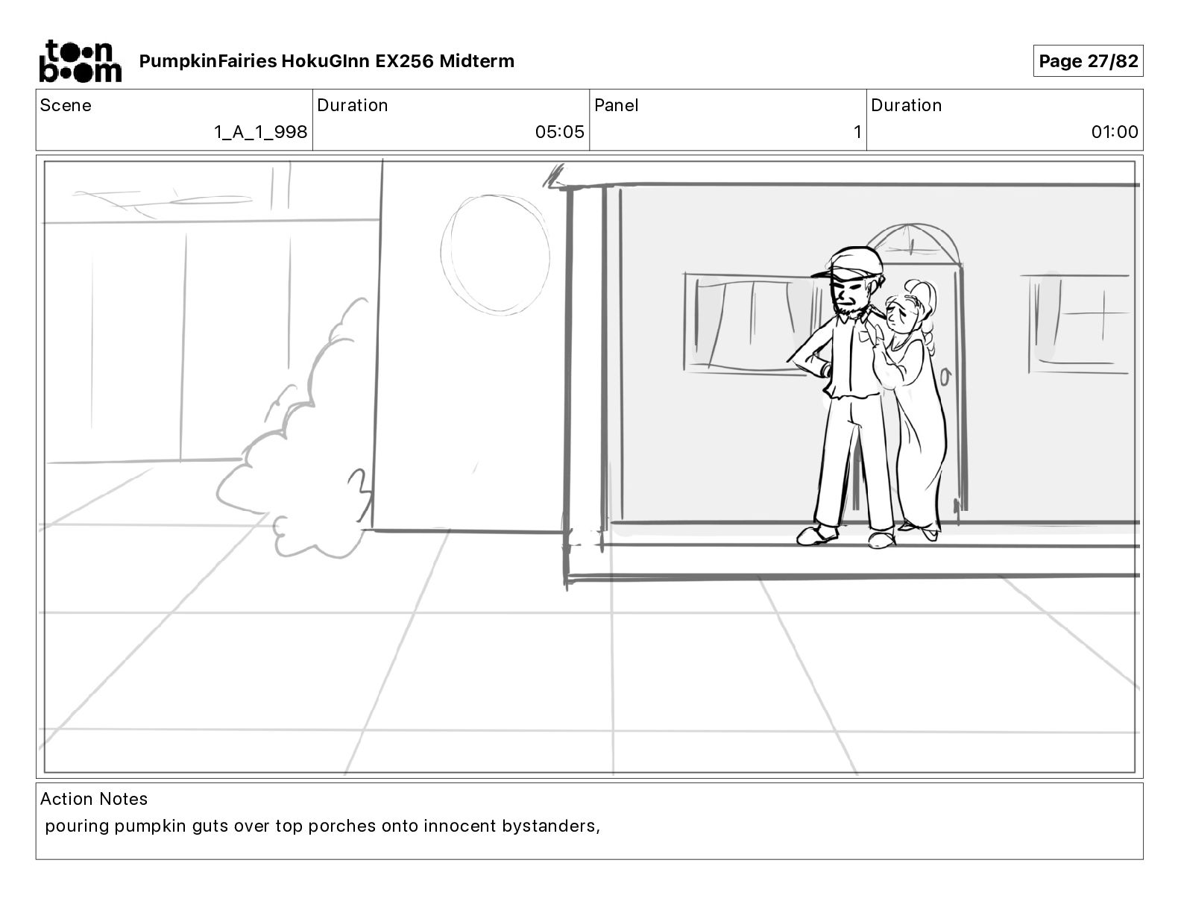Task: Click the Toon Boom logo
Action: pos(81,61)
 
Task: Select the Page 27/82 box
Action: pos(1088,61)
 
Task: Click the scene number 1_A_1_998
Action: pos(261,131)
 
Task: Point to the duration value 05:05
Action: pos(559,131)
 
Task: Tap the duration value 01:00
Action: pos(1114,131)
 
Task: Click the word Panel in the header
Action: pos(616,105)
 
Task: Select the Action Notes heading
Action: pos(93,799)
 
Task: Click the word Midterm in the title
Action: pos(476,61)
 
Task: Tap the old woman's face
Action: pos(898,313)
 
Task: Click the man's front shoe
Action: pos(817,535)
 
